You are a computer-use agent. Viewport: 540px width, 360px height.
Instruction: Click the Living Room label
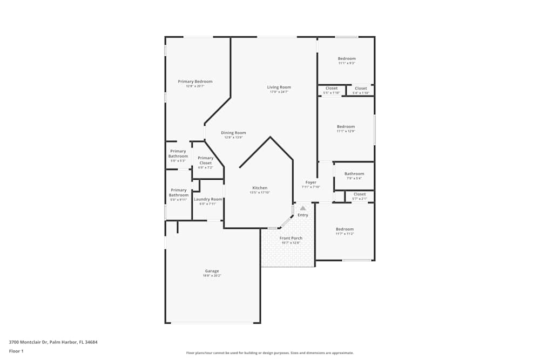coord(279,87)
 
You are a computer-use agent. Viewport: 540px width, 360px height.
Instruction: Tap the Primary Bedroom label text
coord(195,81)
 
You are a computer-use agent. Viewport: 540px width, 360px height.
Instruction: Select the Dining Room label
coord(233,133)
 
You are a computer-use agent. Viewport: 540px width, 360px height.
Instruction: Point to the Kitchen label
coord(260,188)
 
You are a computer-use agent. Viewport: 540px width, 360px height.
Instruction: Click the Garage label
coord(212,271)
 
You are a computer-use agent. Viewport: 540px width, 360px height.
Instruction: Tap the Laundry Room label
coord(208,199)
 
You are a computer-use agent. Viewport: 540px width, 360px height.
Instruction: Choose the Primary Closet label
coord(205,160)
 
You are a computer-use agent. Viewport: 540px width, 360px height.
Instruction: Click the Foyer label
coord(311,182)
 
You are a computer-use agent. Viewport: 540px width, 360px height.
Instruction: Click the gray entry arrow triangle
coord(303,208)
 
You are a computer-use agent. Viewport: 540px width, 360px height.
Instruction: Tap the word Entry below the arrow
coord(303,215)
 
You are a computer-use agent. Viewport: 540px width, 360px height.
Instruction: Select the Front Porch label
coord(291,238)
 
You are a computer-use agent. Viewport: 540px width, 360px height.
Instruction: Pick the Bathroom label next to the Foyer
coord(354,174)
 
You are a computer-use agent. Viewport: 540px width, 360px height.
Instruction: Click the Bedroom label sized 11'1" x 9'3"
coord(347,58)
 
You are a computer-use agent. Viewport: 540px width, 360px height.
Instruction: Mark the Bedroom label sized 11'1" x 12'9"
coord(346,127)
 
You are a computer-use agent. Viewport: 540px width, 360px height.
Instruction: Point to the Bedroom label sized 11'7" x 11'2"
coord(345,229)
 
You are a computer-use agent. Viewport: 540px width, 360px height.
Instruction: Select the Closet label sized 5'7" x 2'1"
coord(360,194)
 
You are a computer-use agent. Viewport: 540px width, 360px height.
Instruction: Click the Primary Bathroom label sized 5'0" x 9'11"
coord(179,192)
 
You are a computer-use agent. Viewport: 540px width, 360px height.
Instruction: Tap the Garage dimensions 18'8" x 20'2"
coord(212,276)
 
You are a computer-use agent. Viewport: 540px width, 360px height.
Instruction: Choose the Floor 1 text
coord(16,351)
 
